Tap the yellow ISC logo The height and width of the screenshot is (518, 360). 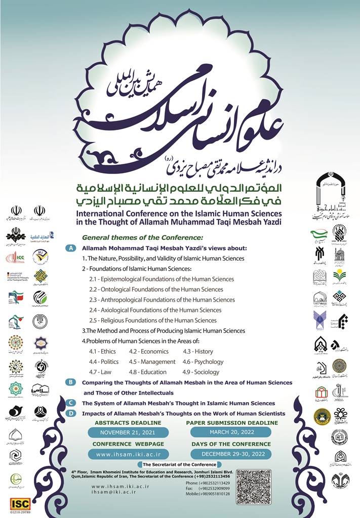(20, 503)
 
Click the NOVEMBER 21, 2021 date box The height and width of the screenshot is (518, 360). (128, 433)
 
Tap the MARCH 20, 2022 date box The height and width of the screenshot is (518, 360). (231, 433)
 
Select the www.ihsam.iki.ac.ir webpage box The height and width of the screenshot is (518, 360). (128, 454)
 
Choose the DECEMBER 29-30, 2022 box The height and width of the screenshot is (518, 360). (231, 454)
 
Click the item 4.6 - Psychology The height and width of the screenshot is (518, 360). (203, 362)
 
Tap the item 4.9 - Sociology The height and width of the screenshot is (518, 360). (201, 372)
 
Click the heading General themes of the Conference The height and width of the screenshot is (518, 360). (142, 237)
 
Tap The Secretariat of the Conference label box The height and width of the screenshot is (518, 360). (180, 464)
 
